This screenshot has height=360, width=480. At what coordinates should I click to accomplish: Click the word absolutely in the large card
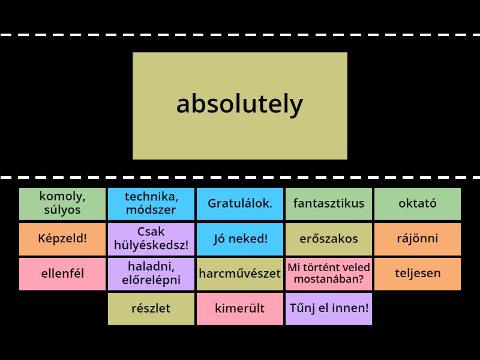(239, 105)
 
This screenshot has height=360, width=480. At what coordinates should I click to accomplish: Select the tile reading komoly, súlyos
(62, 203)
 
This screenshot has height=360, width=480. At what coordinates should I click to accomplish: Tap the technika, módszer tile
(151, 203)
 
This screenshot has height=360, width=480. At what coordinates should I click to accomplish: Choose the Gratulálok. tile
(240, 203)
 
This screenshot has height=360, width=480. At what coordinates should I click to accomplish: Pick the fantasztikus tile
(329, 203)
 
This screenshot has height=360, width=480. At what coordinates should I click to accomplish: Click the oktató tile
(418, 203)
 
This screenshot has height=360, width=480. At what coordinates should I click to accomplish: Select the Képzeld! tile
(62, 238)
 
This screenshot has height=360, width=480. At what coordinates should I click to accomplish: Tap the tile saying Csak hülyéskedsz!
(151, 238)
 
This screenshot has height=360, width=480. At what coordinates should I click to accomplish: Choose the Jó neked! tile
(240, 238)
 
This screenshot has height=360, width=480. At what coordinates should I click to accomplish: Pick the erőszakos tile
(329, 238)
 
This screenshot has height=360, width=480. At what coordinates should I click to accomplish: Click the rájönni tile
(418, 238)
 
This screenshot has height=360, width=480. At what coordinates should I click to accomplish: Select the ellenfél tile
(62, 274)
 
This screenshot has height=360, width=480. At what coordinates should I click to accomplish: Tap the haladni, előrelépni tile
(151, 274)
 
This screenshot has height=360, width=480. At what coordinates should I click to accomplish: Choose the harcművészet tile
(240, 274)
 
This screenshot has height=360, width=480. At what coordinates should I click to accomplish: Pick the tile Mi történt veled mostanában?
(329, 274)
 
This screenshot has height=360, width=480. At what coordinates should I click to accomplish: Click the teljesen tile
(418, 274)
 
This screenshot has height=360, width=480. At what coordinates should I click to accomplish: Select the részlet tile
(151, 308)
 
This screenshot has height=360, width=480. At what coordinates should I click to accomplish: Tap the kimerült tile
(240, 308)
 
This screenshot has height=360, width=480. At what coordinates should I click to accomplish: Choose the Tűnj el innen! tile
(329, 308)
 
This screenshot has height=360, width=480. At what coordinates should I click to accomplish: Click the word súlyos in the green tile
(62, 211)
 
